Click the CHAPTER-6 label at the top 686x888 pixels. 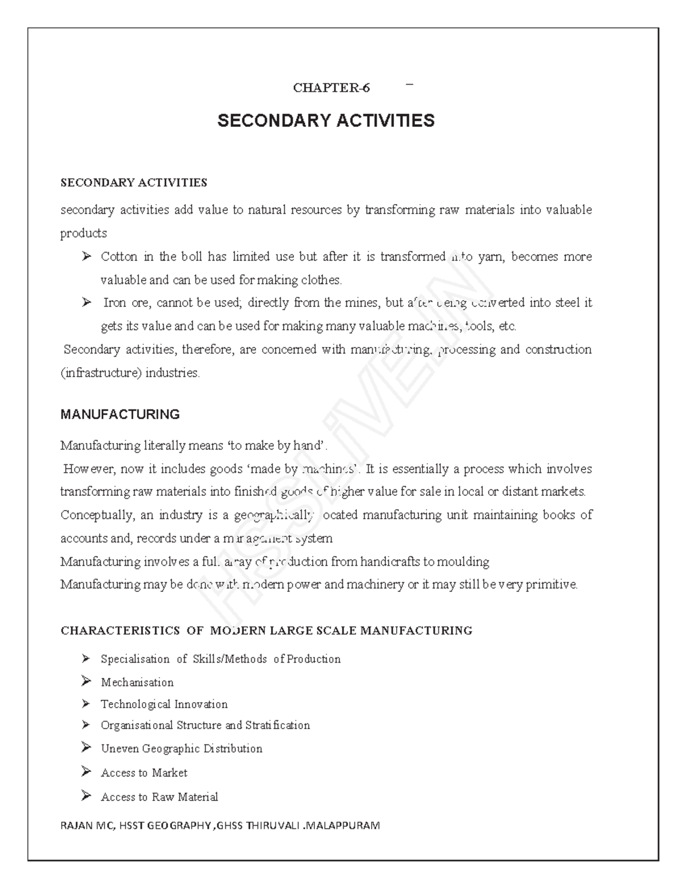(x=331, y=87)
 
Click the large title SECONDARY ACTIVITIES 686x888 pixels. (x=326, y=121)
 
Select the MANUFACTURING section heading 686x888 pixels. (x=120, y=415)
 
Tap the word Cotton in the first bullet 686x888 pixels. (x=119, y=257)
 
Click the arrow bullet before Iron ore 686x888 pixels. (x=86, y=302)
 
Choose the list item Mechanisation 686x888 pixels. (x=137, y=682)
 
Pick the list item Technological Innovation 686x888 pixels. (x=164, y=704)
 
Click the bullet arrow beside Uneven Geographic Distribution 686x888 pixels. (x=86, y=748)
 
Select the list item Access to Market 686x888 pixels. (x=144, y=773)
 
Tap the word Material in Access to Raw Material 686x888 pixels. (x=198, y=797)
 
